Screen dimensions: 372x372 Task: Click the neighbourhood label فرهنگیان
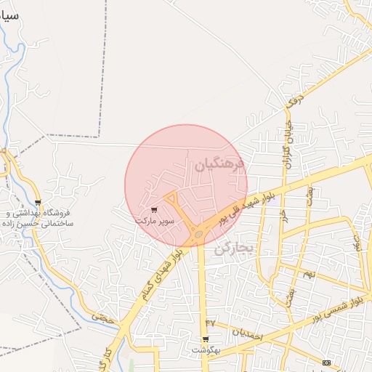(221, 166)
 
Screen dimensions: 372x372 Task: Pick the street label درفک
(293, 102)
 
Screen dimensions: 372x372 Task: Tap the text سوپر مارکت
(154, 219)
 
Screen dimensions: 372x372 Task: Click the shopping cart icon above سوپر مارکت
(153, 209)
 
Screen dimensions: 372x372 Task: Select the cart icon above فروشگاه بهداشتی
(38, 203)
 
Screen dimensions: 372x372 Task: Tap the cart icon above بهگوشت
(205, 339)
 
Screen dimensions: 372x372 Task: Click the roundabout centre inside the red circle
(198, 234)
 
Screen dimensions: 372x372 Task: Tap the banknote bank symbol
(326, 363)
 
